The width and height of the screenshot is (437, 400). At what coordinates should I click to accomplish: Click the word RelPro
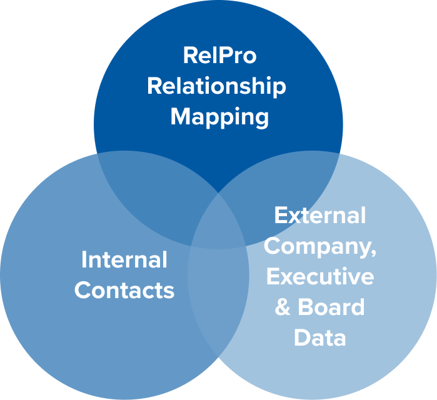coord(219,56)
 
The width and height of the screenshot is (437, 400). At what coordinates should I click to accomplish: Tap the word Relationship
coord(216,86)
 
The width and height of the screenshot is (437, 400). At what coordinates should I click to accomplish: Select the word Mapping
coord(219,117)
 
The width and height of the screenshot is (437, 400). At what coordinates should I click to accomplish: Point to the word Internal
coord(124,259)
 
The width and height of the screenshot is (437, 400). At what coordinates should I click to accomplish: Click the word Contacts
coord(124,291)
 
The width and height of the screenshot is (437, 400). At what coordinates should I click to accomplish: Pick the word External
coord(319,216)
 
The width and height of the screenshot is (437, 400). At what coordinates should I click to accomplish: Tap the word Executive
coord(319,277)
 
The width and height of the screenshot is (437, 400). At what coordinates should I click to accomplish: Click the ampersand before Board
coord(283,307)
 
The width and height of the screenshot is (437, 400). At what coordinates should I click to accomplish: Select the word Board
coord(331,307)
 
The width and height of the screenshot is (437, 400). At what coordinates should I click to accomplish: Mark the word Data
coord(319,338)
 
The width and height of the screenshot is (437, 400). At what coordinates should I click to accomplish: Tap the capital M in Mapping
coord(181,116)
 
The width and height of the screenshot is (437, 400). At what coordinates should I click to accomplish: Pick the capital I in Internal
coord(85,259)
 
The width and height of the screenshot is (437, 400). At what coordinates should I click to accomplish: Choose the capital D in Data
coord(301,338)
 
